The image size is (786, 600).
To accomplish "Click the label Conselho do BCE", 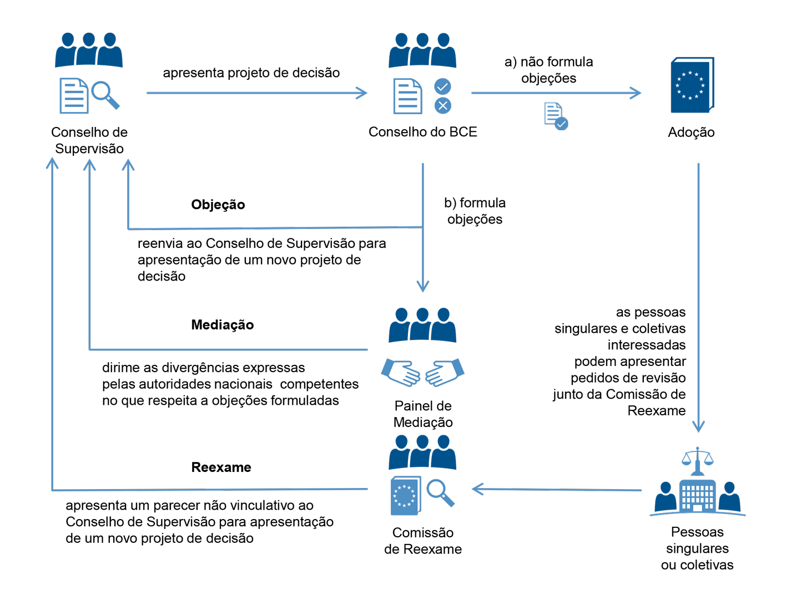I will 422,132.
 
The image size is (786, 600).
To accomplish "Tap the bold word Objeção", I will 218,205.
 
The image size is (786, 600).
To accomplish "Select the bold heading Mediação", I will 222,325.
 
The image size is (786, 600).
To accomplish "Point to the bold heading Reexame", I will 221,467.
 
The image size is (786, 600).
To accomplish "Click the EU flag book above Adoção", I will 692,85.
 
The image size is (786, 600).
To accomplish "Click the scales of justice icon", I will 697,460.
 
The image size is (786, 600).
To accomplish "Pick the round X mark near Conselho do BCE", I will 442,105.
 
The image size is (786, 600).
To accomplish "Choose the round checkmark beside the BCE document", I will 442,87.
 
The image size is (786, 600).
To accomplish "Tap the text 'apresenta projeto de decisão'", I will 251,73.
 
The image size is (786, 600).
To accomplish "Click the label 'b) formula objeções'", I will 475,211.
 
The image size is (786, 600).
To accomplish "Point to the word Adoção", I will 691,133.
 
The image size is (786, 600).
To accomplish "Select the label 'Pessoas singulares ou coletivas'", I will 697,548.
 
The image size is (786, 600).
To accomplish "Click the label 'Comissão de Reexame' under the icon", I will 422,541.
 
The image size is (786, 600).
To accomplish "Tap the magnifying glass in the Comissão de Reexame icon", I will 440,492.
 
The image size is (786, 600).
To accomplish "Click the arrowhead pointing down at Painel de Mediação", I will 423,286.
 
